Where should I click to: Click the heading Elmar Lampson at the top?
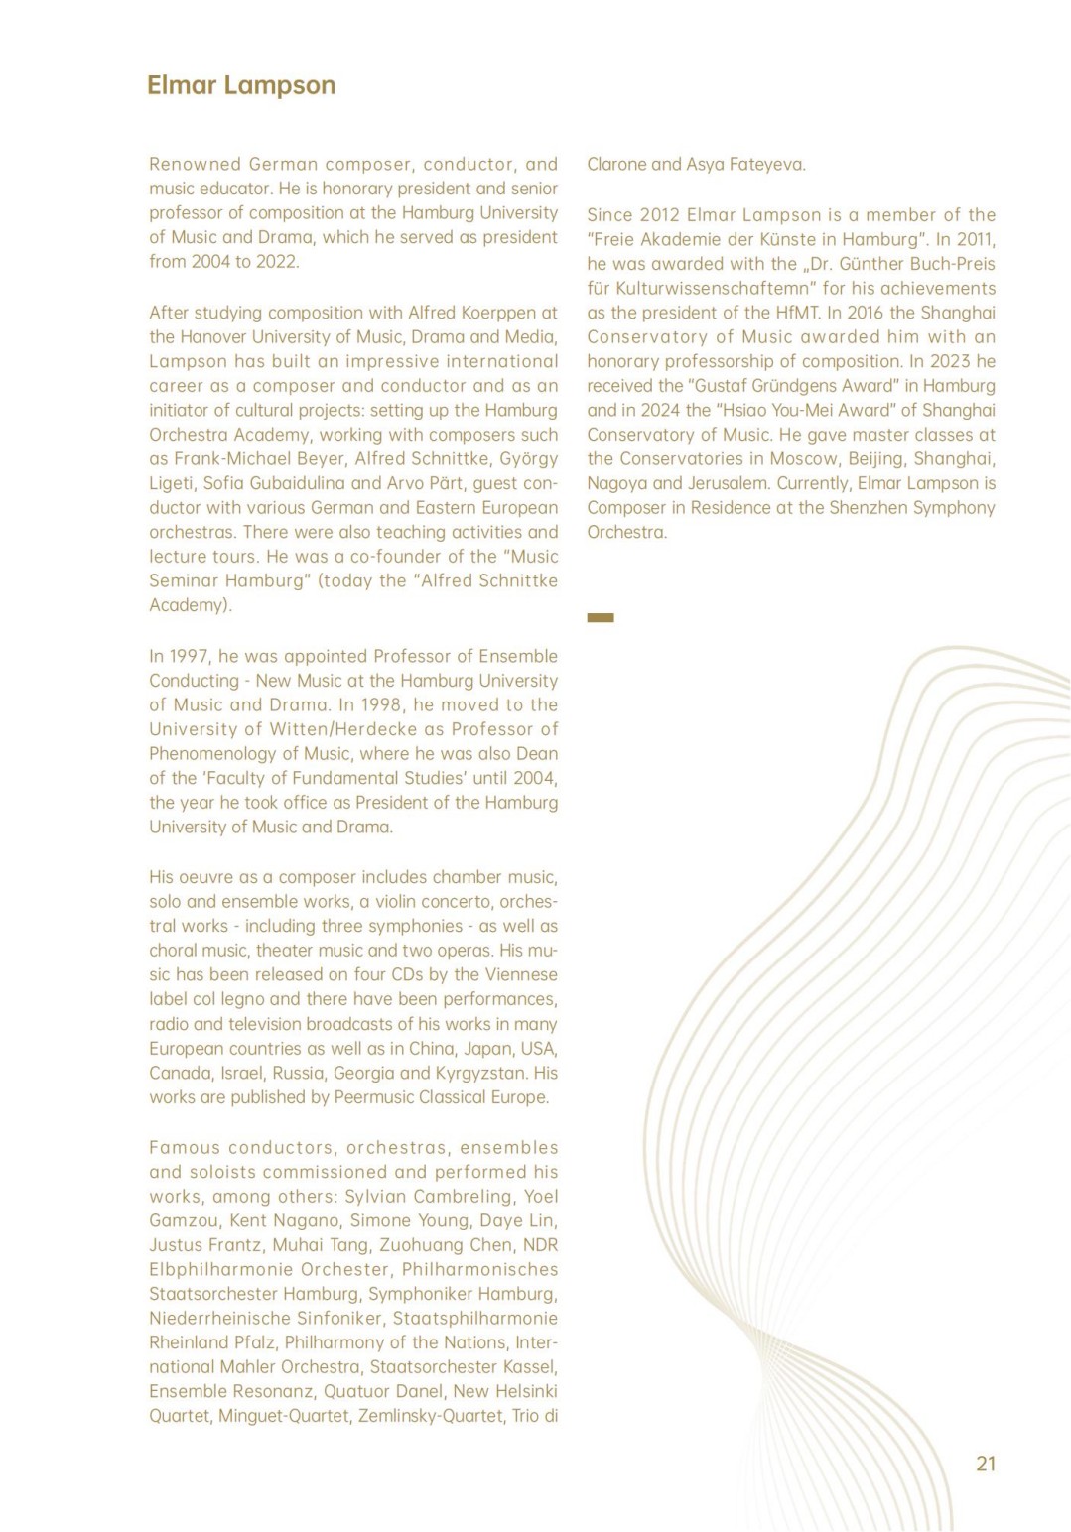tap(241, 85)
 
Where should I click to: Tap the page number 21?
tap(986, 1464)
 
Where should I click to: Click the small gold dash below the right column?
tap(601, 618)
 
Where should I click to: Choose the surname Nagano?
tap(307, 1220)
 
